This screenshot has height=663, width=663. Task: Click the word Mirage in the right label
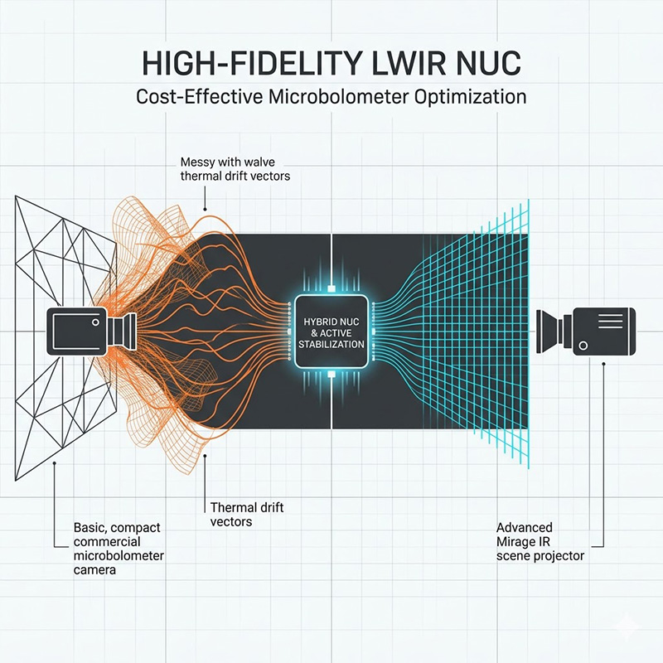pos(514,542)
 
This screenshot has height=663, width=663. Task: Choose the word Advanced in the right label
pos(524,528)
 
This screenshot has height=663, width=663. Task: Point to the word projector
pos(559,556)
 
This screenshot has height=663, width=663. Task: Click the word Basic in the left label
pos(82,528)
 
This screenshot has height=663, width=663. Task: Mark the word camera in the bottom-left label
pos(84,570)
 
